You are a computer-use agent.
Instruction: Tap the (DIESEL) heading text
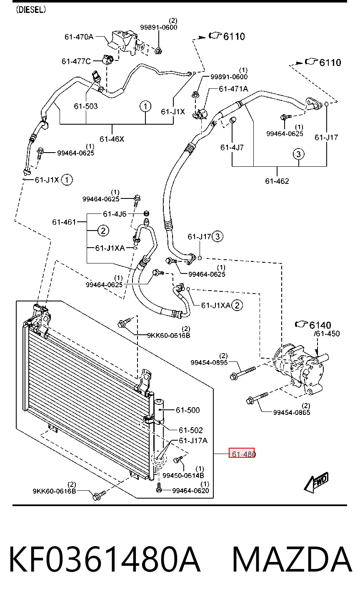click(30, 10)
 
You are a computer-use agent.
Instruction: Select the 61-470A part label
click(79, 37)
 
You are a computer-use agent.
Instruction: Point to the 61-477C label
click(76, 61)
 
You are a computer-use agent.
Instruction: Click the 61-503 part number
click(85, 106)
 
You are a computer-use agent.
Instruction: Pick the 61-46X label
click(112, 139)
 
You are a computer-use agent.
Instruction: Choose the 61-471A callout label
click(233, 89)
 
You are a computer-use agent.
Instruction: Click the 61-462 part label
click(277, 181)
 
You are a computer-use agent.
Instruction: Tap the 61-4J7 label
click(232, 148)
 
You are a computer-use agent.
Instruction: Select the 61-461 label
click(64, 222)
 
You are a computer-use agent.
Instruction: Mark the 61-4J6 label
click(115, 214)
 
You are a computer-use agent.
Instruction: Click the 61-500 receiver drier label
click(188, 410)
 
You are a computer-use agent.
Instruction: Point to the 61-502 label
click(191, 430)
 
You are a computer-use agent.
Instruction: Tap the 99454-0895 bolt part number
click(209, 362)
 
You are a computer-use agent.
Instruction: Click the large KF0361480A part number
click(105, 559)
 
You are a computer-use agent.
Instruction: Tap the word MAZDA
click(292, 559)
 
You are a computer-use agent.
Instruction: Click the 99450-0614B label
click(183, 475)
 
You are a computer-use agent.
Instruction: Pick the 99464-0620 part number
click(190, 490)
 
